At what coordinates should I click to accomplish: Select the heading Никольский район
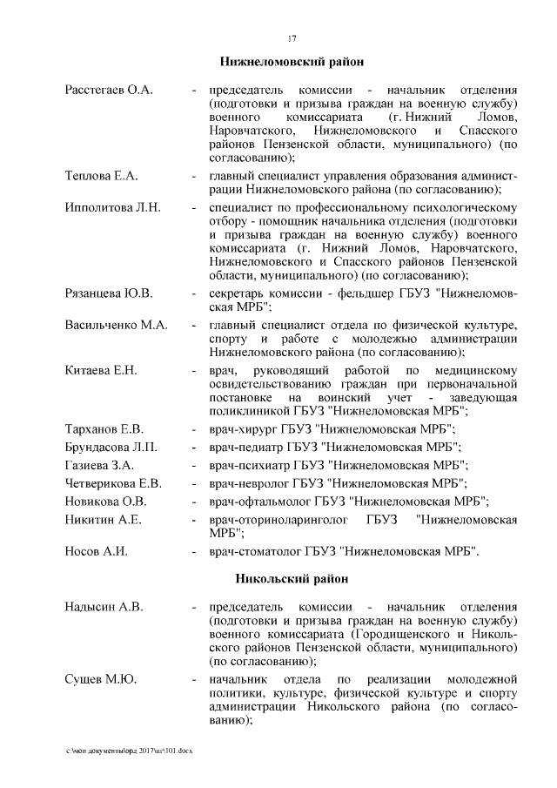coord(291,578)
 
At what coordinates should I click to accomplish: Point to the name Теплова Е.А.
coord(102,176)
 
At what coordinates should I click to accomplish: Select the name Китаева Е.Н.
coord(101,372)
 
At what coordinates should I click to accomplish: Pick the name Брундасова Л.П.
coord(111,448)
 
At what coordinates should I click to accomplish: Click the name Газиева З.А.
coord(98,465)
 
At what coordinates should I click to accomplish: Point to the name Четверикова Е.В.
coord(113,482)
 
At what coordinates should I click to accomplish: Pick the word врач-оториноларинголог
coord(278,520)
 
